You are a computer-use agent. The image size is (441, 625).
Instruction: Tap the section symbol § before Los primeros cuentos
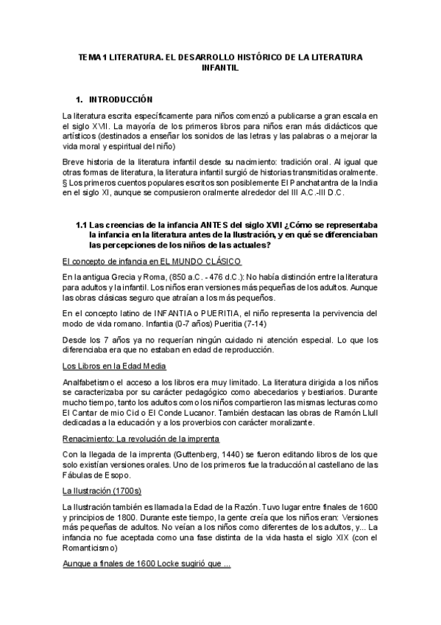tap(65, 182)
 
